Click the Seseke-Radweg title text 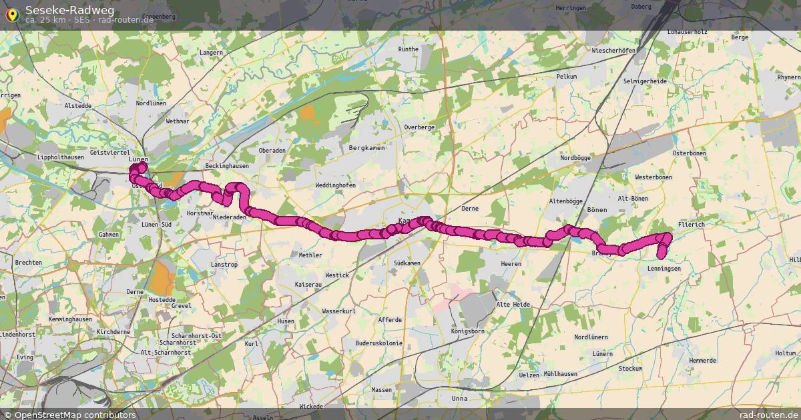69,9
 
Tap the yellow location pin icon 11,14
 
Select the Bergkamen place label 367,147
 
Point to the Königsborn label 467,331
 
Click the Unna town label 459,399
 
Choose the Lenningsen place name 663,268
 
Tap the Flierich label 691,225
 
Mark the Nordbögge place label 575,158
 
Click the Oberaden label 272,150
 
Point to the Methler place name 310,255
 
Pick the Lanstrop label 224,265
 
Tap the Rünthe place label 408,49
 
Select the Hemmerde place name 702,360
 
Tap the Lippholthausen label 61,157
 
